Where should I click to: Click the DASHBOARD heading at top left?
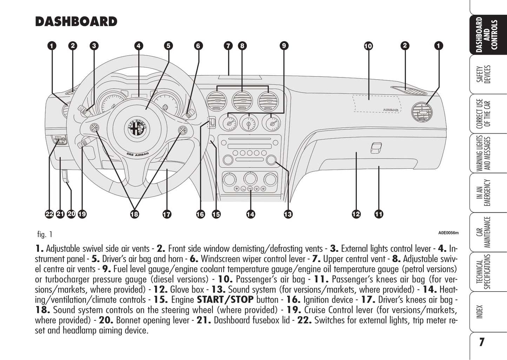[76, 22]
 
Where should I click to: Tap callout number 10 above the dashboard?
[368, 46]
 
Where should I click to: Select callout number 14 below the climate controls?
[251, 214]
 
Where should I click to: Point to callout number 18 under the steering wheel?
[134, 214]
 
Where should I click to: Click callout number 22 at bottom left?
[49, 214]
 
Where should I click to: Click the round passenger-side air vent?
[422, 112]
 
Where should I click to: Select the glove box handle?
[376, 148]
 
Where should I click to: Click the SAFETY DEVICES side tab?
[487, 74]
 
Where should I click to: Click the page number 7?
[482, 342]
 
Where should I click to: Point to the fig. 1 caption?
[45, 234]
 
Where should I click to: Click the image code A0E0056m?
[448, 233]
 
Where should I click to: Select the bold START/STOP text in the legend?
[225, 300]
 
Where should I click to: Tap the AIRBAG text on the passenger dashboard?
[391, 110]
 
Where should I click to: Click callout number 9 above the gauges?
[284, 46]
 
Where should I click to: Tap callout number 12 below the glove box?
[356, 214]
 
